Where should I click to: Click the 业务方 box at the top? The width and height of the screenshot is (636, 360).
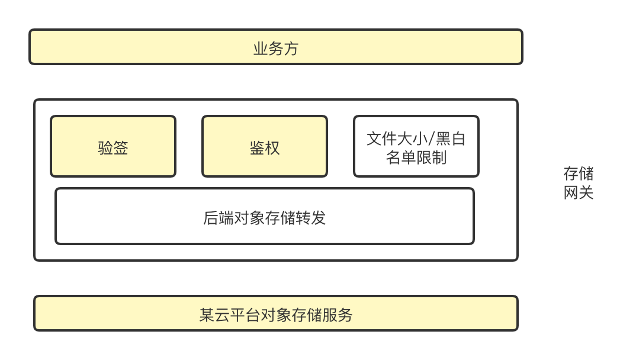click(x=275, y=47)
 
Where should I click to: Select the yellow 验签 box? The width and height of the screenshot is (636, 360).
click(x=113, y=146)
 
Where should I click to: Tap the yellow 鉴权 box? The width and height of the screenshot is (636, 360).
click(x=265, y=146)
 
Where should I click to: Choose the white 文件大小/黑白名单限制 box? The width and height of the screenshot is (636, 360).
click(x=416, y=146)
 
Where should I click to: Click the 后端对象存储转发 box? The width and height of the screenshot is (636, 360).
click(x=264, y=216)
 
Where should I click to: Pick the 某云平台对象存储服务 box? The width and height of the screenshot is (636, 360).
click(x=275, y=313)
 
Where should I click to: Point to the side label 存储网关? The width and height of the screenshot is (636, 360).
click(x=579, y=183)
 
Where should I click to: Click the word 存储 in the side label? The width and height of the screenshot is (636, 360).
click(x=579, y=173)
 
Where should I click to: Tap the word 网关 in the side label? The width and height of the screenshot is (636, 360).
click(x=579, y=192)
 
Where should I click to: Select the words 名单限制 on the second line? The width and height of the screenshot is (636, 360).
click(x=416, y=157)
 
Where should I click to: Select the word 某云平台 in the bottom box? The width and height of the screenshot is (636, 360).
click(x=229, y=315)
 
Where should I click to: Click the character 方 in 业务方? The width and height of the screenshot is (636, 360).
click(x=291, y=49)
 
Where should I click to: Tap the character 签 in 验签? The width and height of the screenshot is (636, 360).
click(x=121, y=147)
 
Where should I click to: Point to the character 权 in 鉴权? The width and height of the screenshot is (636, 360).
click(x=272, y=147)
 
